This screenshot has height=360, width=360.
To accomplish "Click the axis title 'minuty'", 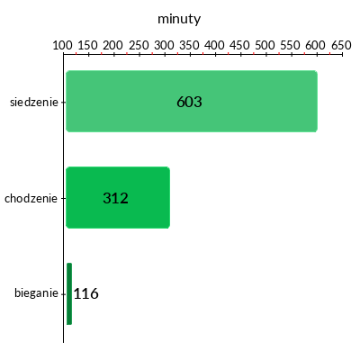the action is click(179, 20).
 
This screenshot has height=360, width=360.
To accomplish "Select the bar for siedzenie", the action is click(192, 101).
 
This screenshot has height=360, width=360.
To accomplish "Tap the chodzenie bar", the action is click(118, 197).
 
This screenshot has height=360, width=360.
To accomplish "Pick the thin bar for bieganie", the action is click(69, 293).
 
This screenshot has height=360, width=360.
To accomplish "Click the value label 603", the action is click(189, 102).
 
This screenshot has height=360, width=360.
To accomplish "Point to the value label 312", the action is click(115, 198).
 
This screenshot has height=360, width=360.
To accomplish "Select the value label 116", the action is click(86, 293).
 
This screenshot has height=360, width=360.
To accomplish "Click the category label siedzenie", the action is click(34, 102).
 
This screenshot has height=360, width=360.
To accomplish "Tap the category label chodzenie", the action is click(31, 198).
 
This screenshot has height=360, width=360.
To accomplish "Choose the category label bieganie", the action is click(36, 292).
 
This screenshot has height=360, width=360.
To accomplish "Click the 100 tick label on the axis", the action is click(63, 45).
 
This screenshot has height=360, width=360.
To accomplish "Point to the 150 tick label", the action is click(88, 45).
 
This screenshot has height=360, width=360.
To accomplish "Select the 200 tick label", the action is click(113, 45).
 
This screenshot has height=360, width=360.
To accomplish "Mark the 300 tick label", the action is click(164, 45).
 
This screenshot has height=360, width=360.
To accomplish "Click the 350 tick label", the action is click(189, 45).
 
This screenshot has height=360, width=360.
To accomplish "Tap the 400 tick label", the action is click(214, 45).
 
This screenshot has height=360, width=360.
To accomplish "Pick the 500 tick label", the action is click(265, 45).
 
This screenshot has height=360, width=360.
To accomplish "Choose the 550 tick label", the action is click(291, 45).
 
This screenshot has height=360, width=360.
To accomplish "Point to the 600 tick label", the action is click(316, 45).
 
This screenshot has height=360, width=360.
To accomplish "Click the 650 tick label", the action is click(341, 45).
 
